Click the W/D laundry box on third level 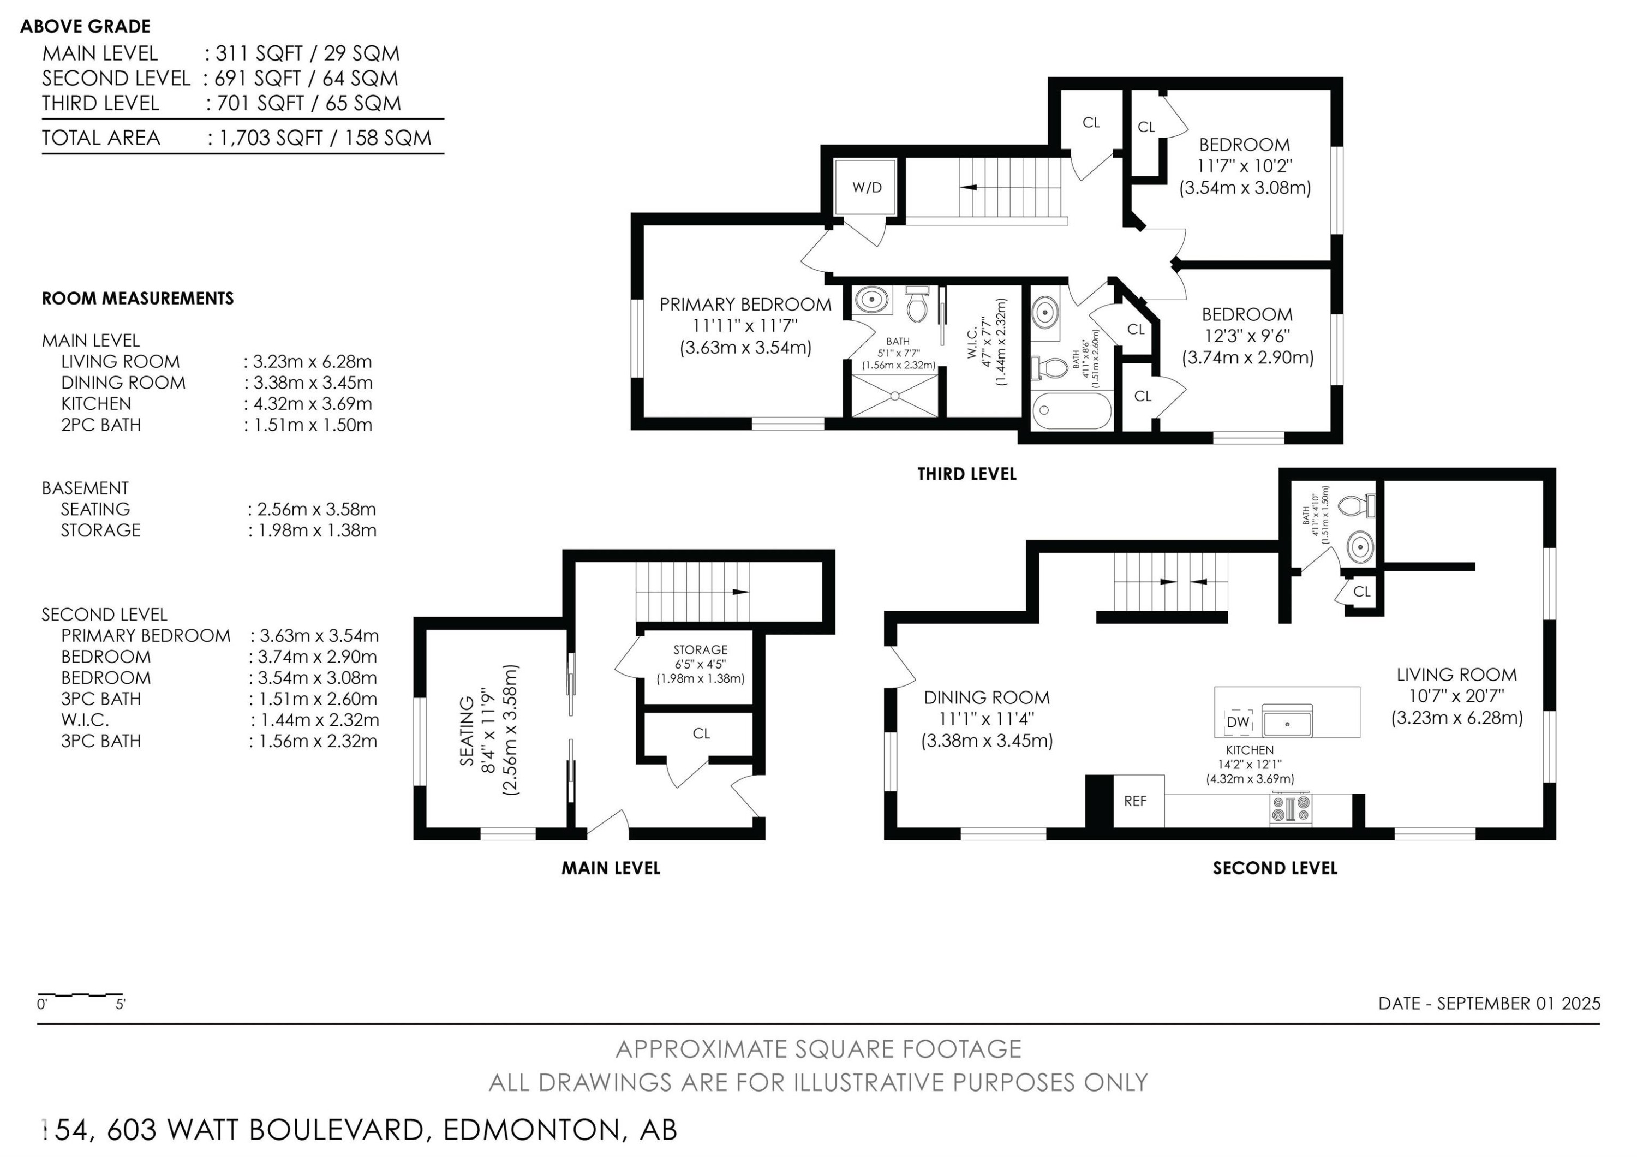[867, 188]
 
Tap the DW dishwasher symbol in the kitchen [1238, 721]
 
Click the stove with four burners [1291, 809]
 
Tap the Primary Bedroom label [745, 305]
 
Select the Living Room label [1456, 675]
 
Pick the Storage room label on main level [700, 649]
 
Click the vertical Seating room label [467, 731]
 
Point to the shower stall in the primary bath [895, 396]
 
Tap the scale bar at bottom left [81, 994]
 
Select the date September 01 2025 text [1490, 1003]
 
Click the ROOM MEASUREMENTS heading [138, 299]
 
